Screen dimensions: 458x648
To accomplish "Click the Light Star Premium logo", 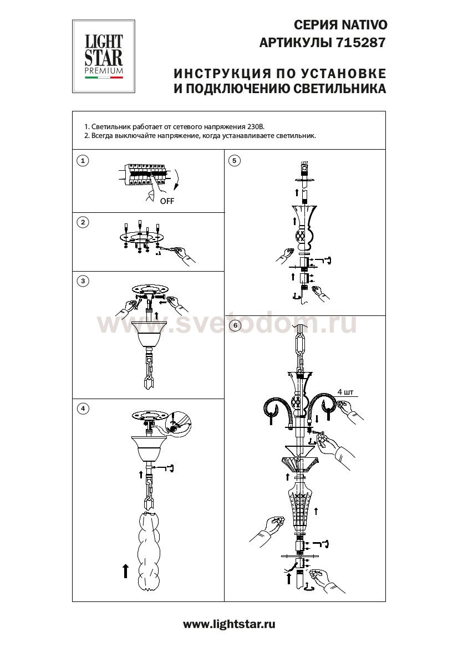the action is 104,56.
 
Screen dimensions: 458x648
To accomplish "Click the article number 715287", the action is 362,43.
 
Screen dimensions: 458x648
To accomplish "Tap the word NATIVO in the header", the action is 364,25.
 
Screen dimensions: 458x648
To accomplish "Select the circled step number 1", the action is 83,160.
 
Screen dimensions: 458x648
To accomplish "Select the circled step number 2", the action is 83,222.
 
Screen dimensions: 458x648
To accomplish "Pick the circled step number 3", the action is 83,281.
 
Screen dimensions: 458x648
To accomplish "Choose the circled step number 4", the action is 83,409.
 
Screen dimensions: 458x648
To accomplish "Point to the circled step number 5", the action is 235,160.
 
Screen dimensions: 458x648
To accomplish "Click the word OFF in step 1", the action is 167,201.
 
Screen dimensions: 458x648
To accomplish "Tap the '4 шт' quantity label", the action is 345,392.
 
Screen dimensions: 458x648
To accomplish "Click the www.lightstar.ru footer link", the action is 229,624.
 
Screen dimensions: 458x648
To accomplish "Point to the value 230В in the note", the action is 255,126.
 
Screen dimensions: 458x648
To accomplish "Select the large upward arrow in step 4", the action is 126,571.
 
